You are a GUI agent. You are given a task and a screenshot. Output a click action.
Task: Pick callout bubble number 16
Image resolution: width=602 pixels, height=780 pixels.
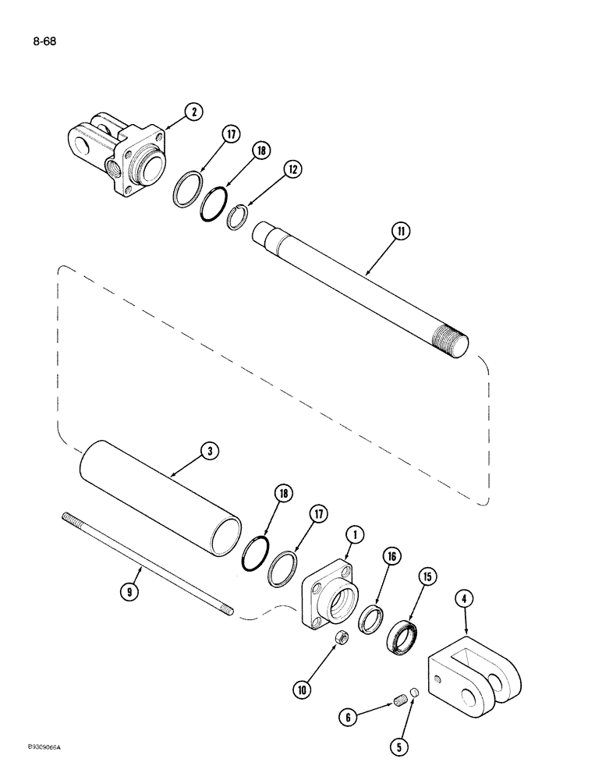(x=391, y=556)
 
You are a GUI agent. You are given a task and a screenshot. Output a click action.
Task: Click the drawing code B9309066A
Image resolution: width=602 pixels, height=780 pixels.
(x=37, y=768)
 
